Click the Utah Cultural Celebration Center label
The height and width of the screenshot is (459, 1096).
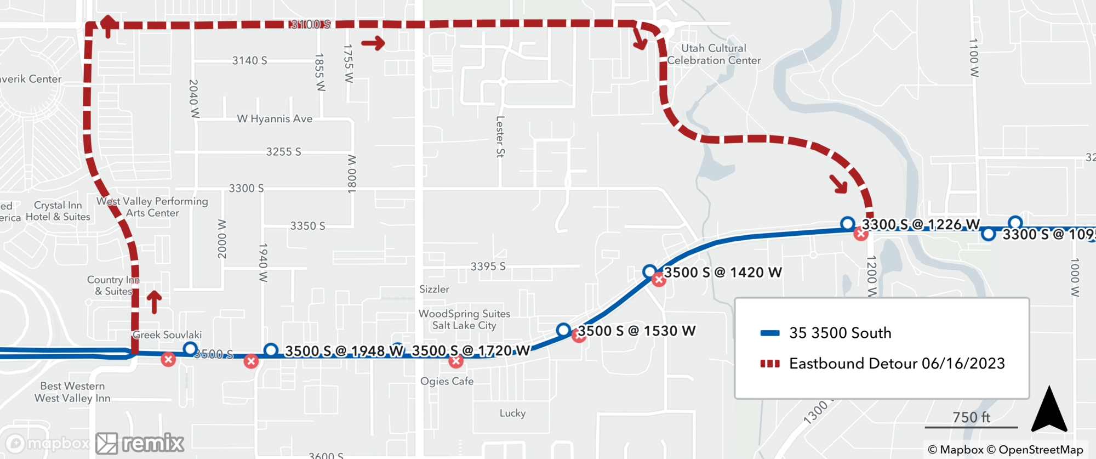tap(713, 54)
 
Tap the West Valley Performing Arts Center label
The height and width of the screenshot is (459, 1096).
tap(152, 207)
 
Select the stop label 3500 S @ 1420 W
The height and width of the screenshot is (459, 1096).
tap(722, 273)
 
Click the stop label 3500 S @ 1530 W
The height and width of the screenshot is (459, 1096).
tap(636, 331)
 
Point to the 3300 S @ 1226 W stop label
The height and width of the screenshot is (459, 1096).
tap(921, 225)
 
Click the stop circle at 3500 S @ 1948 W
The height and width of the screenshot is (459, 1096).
tap(271, 350)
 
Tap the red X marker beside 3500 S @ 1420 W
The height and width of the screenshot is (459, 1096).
tap(659, 280)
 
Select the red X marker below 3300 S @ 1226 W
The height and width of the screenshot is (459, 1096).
tap(861, 234)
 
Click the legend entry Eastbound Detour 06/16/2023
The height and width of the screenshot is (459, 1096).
tap(897, 364)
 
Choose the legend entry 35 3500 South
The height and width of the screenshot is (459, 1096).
tap(840, 333)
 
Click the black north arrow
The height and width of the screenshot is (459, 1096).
tap(1049, 410)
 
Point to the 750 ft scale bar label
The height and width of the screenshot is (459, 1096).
tap(971, 417)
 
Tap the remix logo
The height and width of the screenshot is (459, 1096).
tap(140, 443)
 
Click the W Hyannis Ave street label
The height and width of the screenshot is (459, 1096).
tap(275, 119)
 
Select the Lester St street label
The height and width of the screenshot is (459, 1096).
tap(500, 137)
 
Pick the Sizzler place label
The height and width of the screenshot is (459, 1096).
tap(434, 289)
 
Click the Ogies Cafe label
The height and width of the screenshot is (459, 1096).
tap(447, 381)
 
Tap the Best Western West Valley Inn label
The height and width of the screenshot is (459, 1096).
tap(72, 392)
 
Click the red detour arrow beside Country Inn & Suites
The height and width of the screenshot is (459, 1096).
tap(155, 302)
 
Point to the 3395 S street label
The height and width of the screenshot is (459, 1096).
tap(488, 267)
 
